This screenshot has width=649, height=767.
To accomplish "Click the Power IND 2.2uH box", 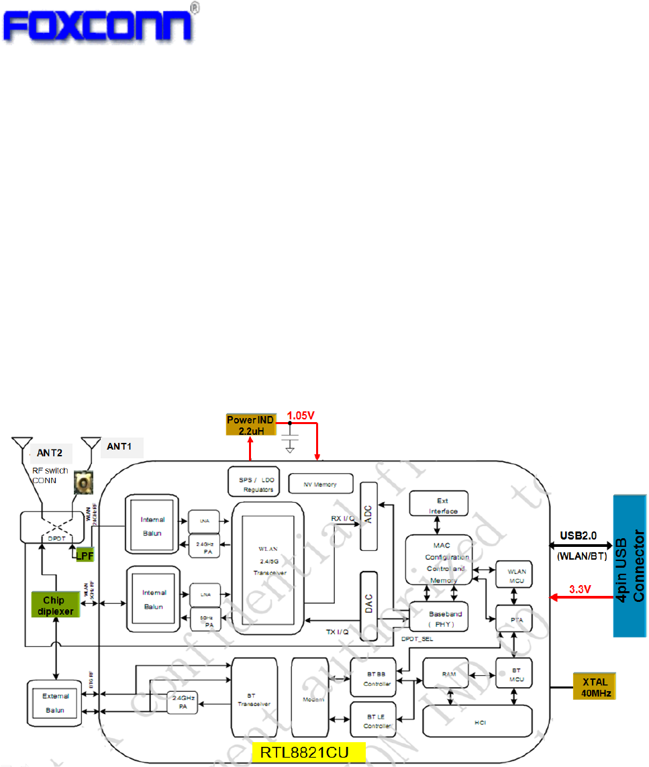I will click(x=250, y=424).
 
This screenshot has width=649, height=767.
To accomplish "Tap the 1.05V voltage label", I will click(x=301, y=416).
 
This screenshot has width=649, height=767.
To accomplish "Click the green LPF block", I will click(x=84, y=555).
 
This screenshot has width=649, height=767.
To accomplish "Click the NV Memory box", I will click(x=321, y=484).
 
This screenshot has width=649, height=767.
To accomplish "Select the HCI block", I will click(x=477, y=721).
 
